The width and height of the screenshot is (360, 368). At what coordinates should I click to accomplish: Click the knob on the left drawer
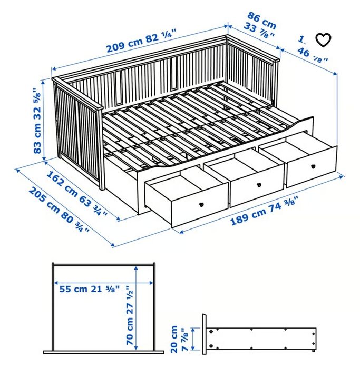coord(202,204)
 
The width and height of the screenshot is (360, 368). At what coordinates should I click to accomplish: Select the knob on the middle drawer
coord(259,185)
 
